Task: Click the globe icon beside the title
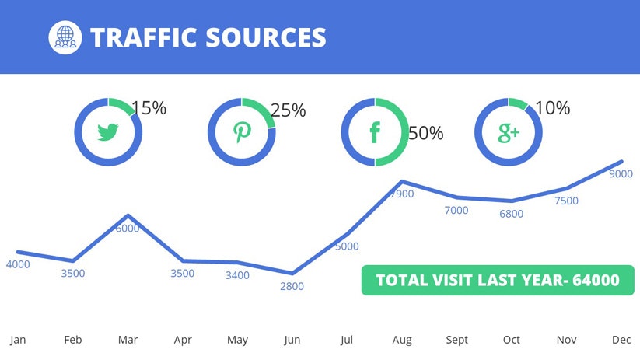tap(65, 37)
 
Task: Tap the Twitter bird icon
tap(109, 131)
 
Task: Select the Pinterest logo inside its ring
tap(242, 131)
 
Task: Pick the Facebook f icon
tap(375, 132)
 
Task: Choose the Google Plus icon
tap(508, 132)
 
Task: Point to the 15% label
tap(149, 108)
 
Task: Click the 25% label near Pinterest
tap(288, 110)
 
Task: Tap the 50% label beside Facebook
tap(425, 133)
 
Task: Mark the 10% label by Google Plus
tap(552, 108)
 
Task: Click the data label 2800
tap(292, 286)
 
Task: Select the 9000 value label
tap(621, 174)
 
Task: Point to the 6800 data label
tap(512, 214)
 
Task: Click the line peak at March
tap(128, 215)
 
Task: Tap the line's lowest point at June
tap(292, 273)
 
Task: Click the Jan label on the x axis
tap(18, 340)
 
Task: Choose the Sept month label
tap(456, 340)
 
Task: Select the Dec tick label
tap(621, 340)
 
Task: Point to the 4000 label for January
tap(18, 264)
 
